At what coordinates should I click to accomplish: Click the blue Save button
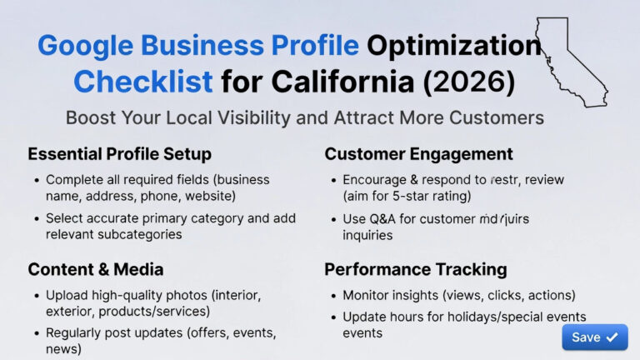(594, 337)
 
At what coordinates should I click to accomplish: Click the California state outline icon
(572, 59)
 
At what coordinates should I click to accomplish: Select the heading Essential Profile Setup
(119, 154)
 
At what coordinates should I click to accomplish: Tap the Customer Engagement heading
(418, 154)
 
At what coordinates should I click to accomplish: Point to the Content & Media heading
(95, 269)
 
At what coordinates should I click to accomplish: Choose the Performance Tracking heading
(415, 269)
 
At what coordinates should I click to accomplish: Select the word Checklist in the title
(142, 82)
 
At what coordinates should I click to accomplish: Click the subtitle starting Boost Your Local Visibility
(304, 117)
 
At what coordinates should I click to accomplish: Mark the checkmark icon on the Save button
(612, 337)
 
